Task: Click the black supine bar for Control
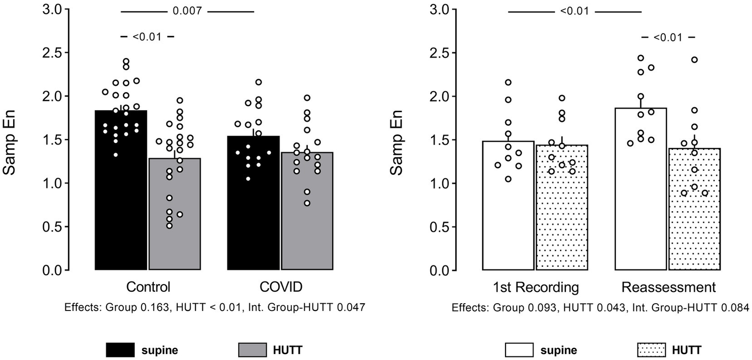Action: tap(121, 206)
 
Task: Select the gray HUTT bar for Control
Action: tap(174, 225)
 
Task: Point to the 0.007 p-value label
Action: tap(187, 11)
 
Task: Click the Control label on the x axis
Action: tap(148, 287)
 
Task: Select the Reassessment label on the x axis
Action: tap(668, 287)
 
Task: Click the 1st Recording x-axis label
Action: tap(535, 287)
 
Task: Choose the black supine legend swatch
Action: tap(120, 350)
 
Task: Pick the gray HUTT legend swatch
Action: tap(253, 350)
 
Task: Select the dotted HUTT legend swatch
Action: tap(651, 350)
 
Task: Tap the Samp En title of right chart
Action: tap(397, 140)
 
